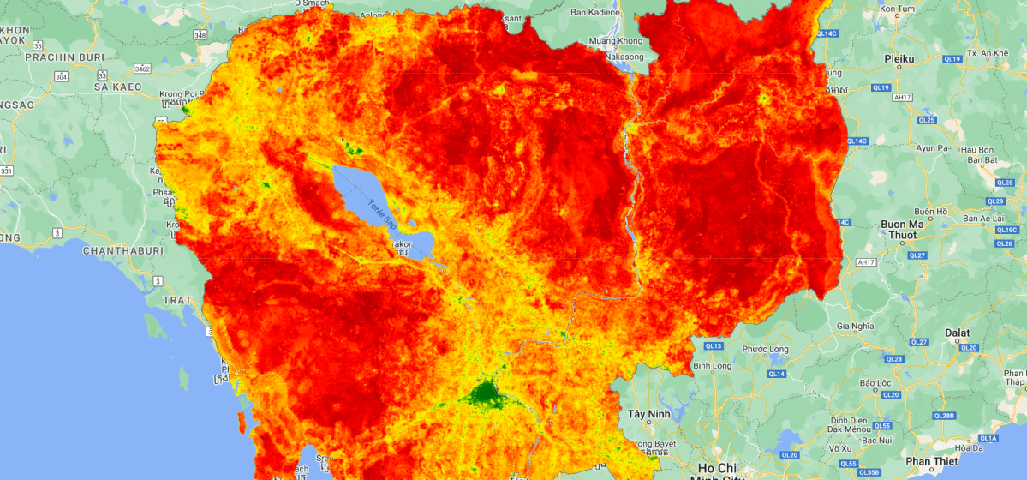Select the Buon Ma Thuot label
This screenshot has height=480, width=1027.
pyautogui.click(x=899, y=230)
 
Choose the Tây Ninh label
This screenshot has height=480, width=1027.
pyautogui.click(x=648, y=414)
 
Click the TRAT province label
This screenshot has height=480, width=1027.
pyautogui.click(x=177, y=299)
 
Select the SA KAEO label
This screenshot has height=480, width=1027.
pyautogui.click(x=116, y=87)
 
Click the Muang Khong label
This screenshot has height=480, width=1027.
pyautogui.click(x=615, y=40)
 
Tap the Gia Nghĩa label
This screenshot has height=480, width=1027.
pyautogui.click(x=854, y=327)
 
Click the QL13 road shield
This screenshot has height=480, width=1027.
pyautogui.click(x=714, y=346)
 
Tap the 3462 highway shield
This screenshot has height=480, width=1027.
pyautogui.click(x=142, y=69)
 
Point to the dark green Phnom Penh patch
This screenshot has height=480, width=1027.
pyautogui.click(x=487, y=393)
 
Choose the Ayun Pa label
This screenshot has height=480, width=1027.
pyautogui.click(x=933, y=147)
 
